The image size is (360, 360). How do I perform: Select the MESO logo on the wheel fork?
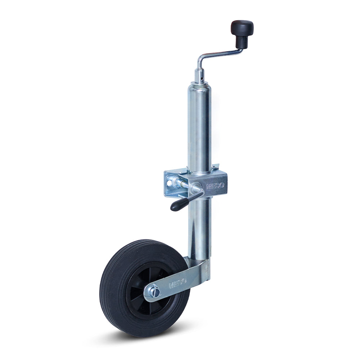(178, 283)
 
